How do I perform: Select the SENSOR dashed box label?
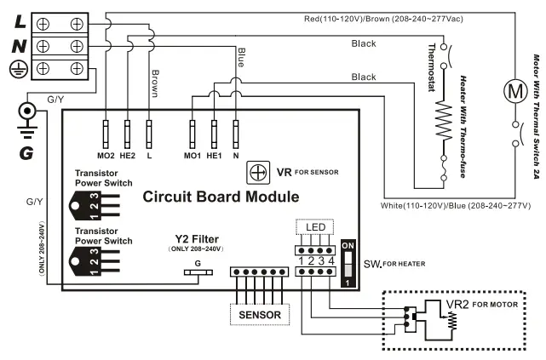coord(260,314)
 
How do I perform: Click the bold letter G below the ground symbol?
coord(26,152)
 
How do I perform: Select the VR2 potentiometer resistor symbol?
coord(451,321)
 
